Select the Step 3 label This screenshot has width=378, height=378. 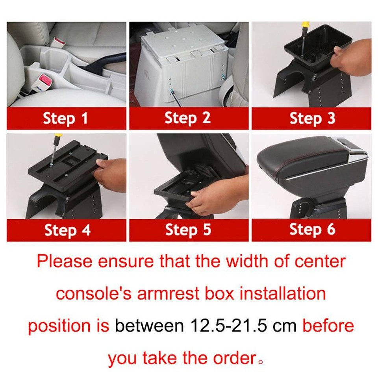click(x=312, y=118)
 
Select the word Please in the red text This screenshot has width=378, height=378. click(x=64, y=261)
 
